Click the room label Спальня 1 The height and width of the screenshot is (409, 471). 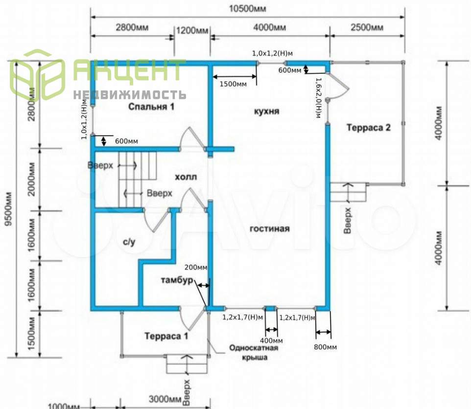pos(151,106)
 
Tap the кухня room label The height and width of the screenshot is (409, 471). pos(266,111)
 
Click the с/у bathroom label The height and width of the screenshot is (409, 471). pos(129,241)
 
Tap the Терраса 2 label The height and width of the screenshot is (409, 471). pos(369,128)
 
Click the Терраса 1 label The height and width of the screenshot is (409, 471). pos(166,336)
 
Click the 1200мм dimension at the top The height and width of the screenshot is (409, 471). pos(192,30)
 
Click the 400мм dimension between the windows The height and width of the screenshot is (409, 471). pos(270,341)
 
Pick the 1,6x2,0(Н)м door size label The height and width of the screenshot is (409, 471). pos(318,98)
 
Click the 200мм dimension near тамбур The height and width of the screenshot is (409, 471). pos(196,268)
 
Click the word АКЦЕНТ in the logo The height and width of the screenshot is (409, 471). pos(130,71)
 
